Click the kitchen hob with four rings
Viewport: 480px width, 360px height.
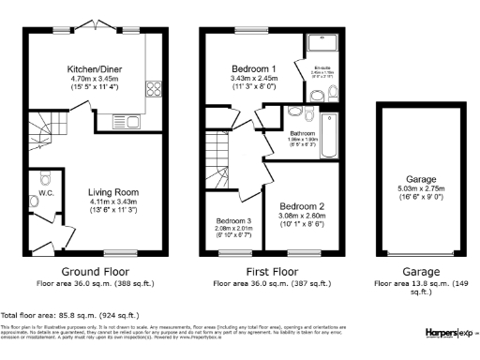click(152, 89)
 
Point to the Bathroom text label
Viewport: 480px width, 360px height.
click(302, 134)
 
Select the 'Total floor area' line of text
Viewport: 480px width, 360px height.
click(70, 315)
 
